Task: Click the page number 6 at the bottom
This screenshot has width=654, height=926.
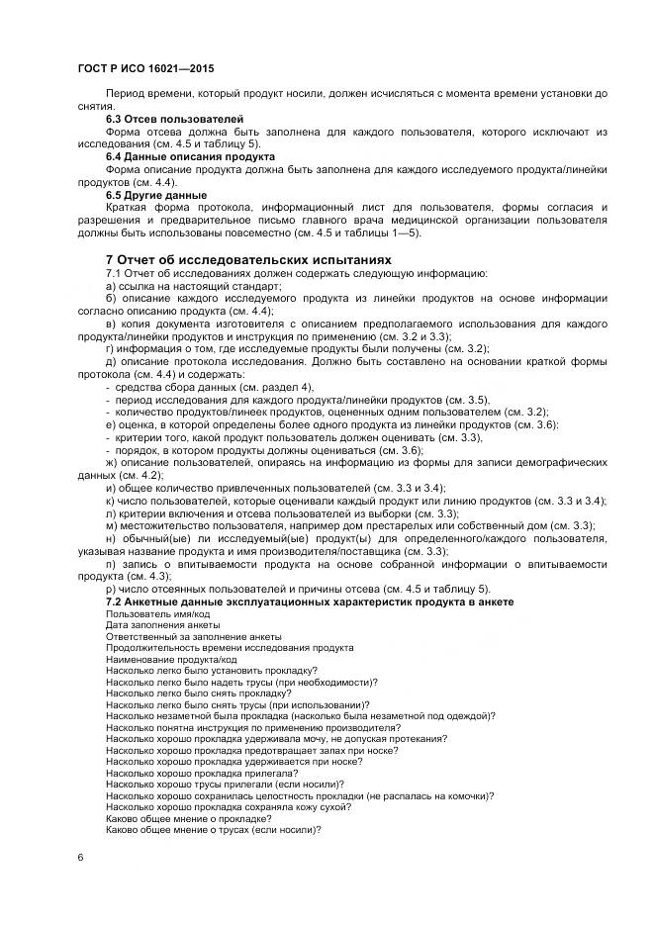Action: click(x=79, y=856)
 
